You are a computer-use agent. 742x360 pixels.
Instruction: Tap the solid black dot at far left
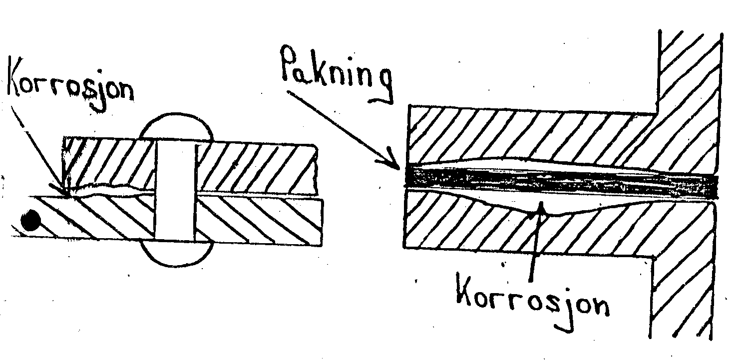pos(29,220)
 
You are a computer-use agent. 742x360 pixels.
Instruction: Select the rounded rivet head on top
pos(174,127)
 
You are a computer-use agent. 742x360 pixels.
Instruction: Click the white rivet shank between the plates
pos(174,190)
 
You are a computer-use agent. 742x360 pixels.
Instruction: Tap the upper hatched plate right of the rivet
pos(255,167)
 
